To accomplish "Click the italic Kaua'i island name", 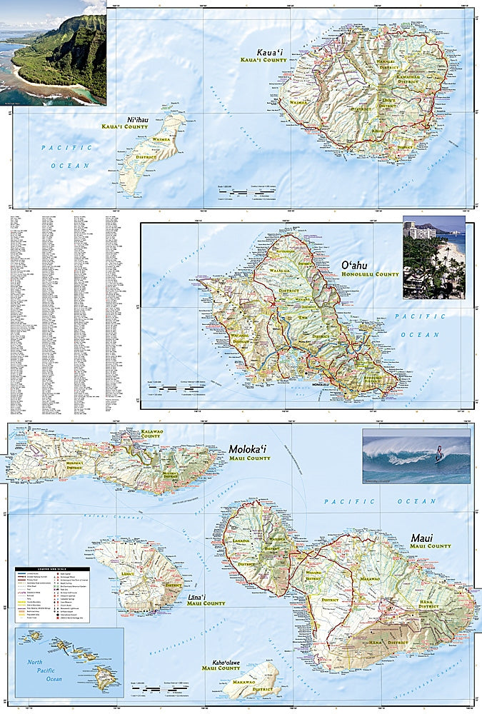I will click(272, 52).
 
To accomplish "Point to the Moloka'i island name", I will click(248, 449).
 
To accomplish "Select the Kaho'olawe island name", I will click(220, 660).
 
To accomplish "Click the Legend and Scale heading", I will click(52, 569).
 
